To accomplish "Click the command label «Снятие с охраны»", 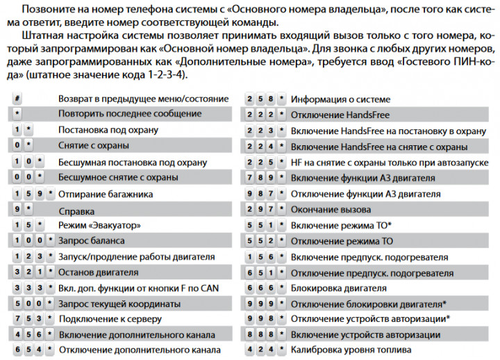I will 93,146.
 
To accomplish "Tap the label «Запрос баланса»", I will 92,240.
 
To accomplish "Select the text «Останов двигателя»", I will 99,272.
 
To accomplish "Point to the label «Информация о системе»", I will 340,99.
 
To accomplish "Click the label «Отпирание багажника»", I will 106,194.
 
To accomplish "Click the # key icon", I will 17,99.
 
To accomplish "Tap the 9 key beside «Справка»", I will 17,208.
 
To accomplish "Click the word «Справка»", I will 76,210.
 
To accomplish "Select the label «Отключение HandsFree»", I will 340,115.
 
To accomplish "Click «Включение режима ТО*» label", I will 341,225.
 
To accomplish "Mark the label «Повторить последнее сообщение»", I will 130,113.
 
